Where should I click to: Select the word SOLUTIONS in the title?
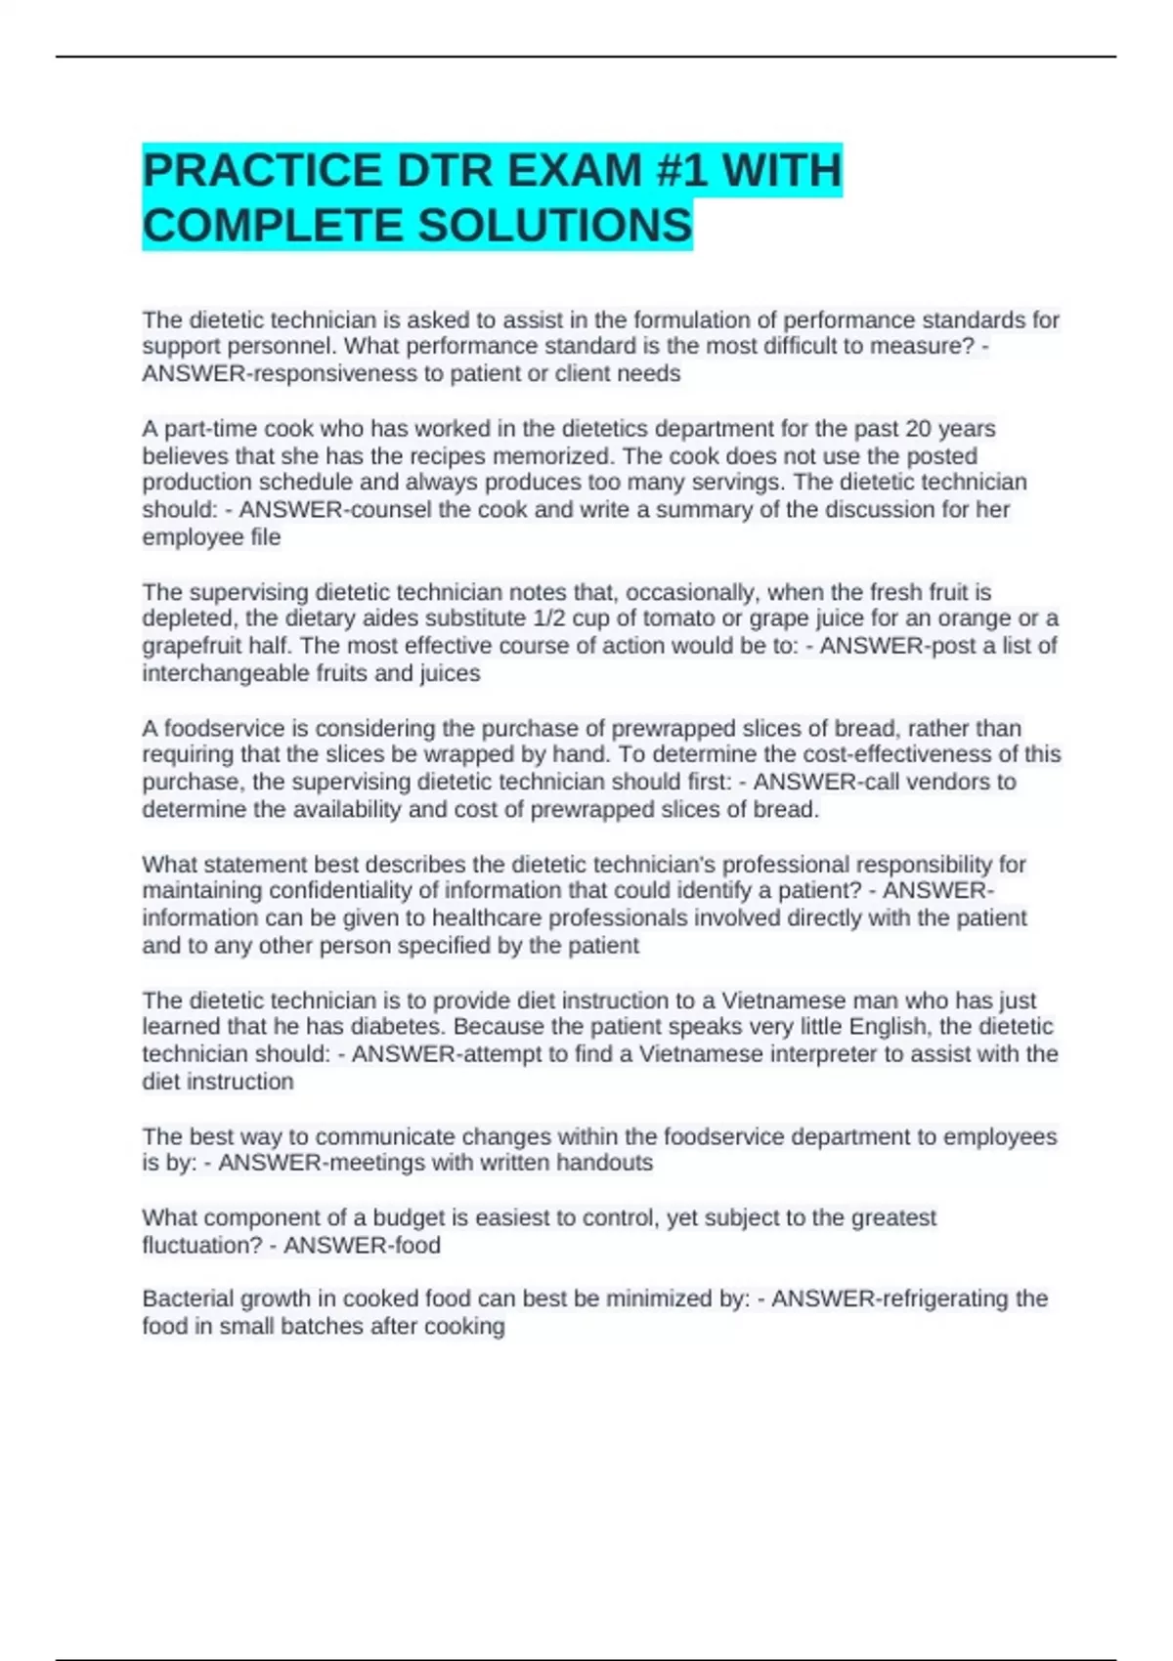tap(554, 226)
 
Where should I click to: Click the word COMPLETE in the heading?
tap(273, 226)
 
